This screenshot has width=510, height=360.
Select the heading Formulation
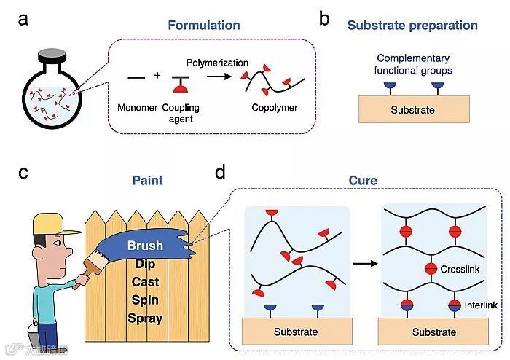coord(203,26)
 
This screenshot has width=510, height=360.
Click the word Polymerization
coord(217,64)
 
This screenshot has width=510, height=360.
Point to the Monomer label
coord(138,109)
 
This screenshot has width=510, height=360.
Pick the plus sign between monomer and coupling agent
coord(158,76)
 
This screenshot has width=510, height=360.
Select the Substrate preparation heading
coord(412,26)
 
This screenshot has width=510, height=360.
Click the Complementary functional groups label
coord(414,64)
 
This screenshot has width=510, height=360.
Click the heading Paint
coord(147,180)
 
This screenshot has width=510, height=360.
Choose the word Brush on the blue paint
coord(145,246)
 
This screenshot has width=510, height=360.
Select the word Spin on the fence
coord(145,300)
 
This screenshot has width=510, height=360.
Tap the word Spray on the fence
coord(145,318)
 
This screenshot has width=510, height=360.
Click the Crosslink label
coord(460,269)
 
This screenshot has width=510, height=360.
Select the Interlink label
coord(481,306)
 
